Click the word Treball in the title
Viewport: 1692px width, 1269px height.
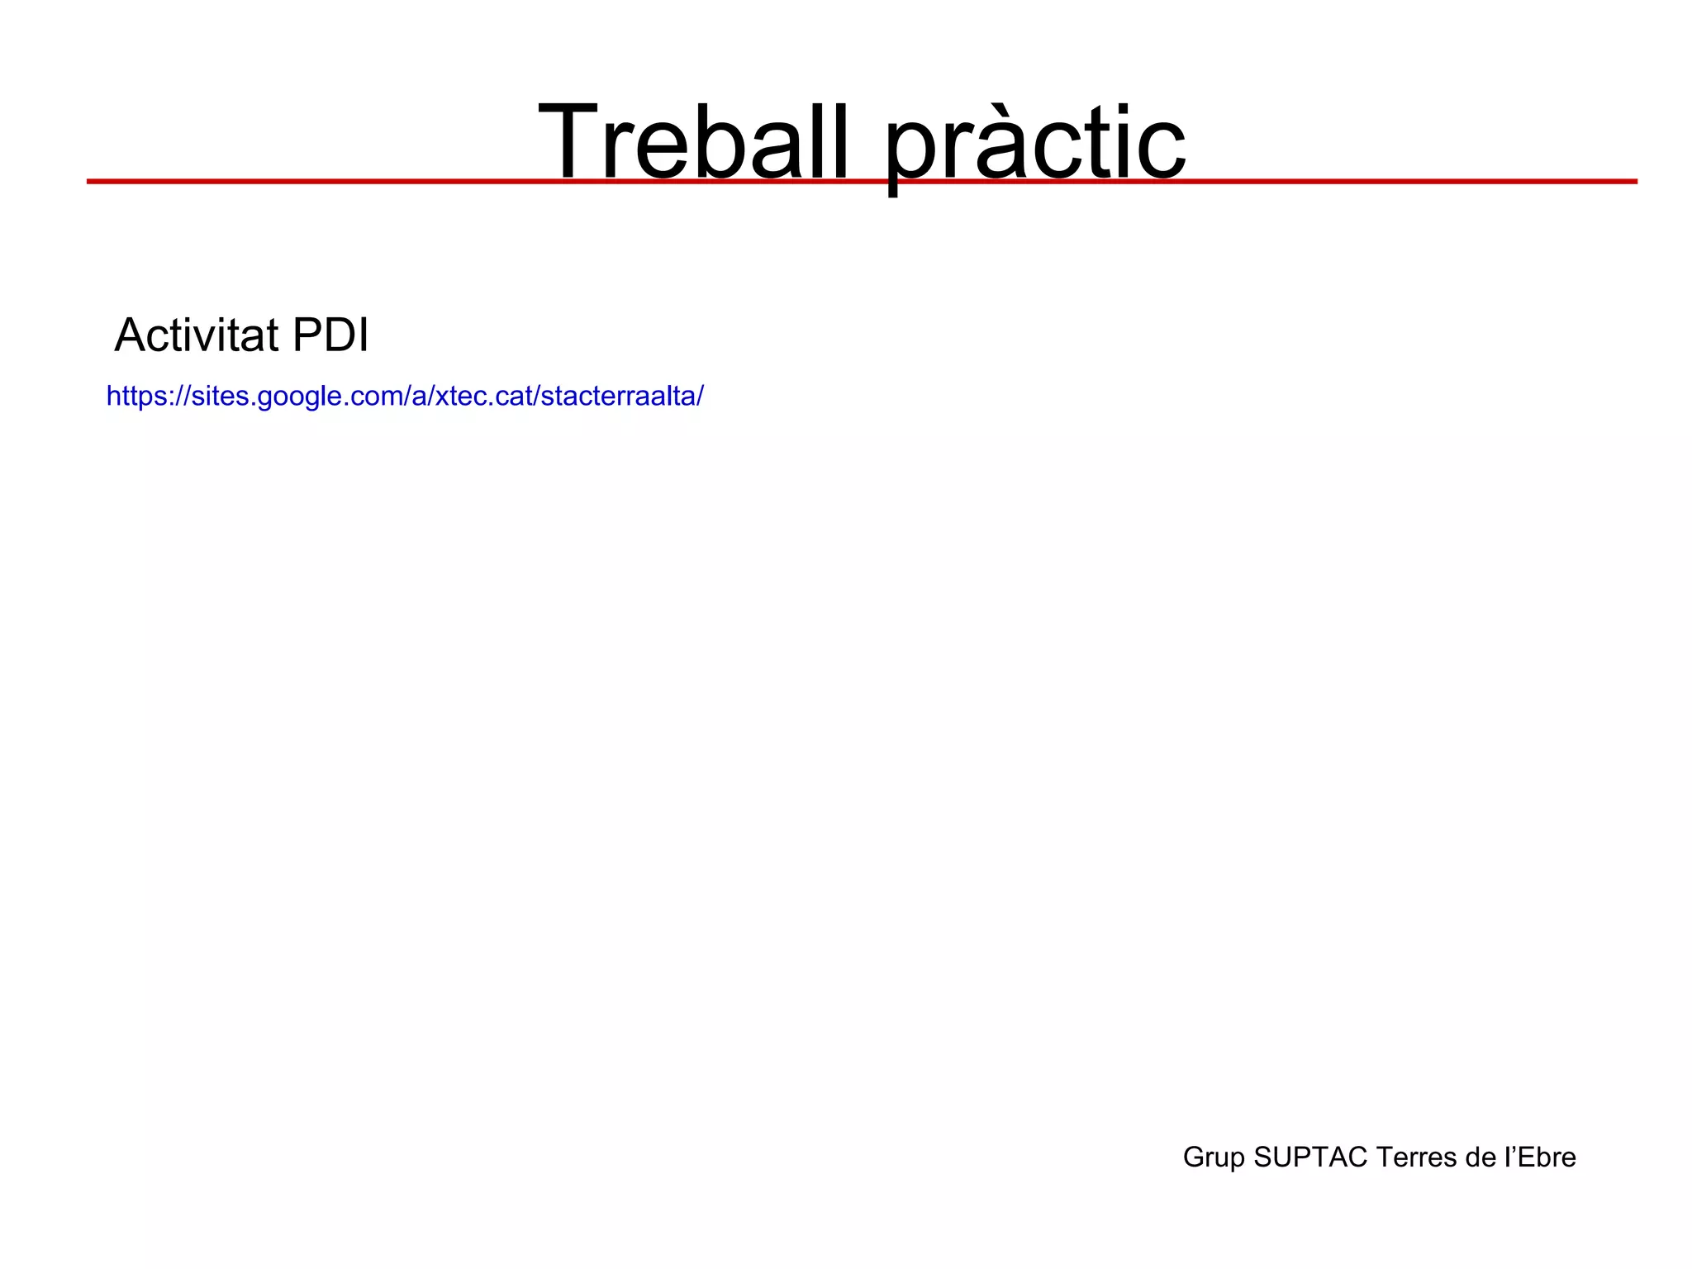(692, 142)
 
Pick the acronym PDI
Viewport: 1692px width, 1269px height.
(330, 335)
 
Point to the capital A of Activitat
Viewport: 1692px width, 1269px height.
(129, 335)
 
